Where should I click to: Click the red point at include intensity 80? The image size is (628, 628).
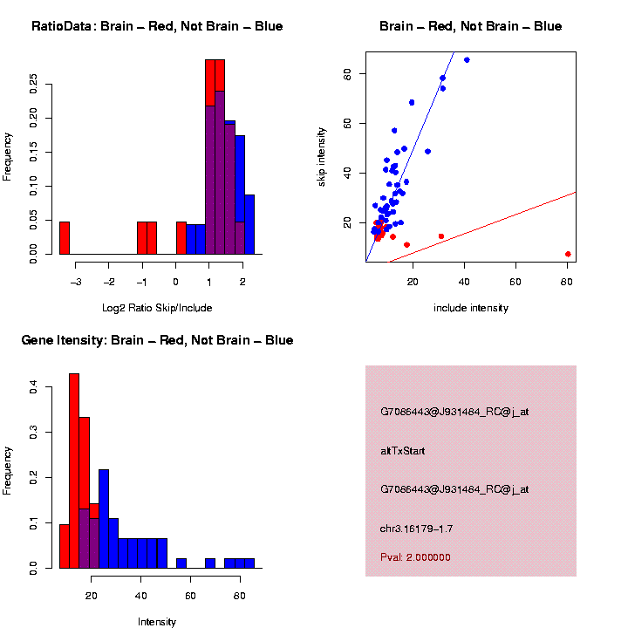tap(568, 254)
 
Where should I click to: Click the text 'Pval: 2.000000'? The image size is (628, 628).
tap(415, 557)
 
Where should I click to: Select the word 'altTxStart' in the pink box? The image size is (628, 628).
tap(402, 451)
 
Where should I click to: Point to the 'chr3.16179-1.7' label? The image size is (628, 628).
tap(416, 529)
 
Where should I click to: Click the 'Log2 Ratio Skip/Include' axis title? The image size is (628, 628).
tap(157, 308)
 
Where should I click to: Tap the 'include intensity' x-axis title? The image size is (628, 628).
tap(471, 308)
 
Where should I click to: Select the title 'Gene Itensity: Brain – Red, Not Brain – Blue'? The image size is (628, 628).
tap(157, 340)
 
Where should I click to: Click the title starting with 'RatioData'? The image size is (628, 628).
tap(157, 26)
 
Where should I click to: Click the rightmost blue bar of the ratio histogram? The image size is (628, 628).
tap(249, 224)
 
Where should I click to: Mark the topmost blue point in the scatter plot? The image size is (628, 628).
tap(467, 59)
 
